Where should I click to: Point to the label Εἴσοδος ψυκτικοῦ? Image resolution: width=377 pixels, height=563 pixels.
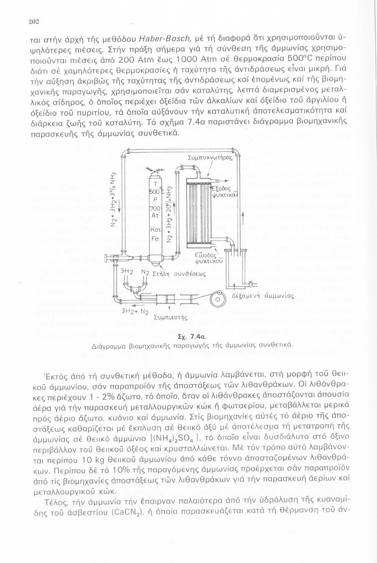coord(210,257)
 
